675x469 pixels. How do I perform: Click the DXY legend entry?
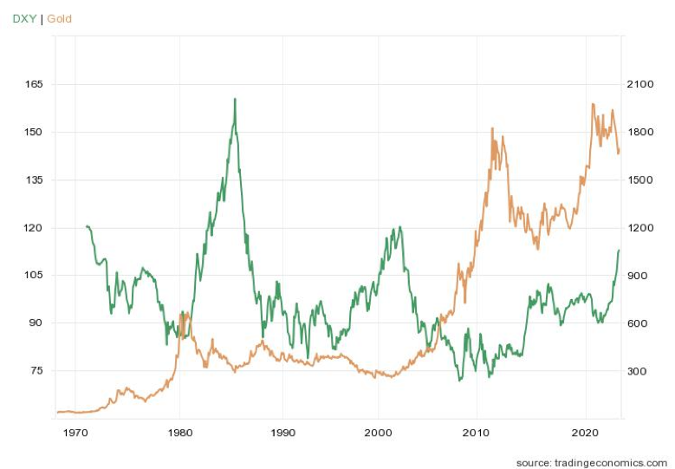click(x=23, y=18)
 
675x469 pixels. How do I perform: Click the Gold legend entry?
click(x=60, y=18)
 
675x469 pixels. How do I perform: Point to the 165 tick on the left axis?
click(x=34, y=84)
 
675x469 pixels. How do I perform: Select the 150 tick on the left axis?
click(x=34, y=132)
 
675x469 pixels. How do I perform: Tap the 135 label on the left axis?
click(x=34, y=179)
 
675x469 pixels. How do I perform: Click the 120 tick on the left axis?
click(x=34, y=227)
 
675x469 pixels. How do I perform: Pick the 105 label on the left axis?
click(x=34, y=275)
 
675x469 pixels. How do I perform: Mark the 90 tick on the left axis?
click(x=36, y=322)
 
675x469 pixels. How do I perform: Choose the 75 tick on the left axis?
click(x=36, y=370)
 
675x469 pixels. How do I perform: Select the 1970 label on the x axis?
click(x=76, y=431)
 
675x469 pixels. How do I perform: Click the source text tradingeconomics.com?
click(x=591, y=462)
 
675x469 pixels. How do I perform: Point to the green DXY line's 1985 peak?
click(x=235, y=99)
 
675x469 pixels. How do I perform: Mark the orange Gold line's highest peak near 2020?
click(x=593, y=104)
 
